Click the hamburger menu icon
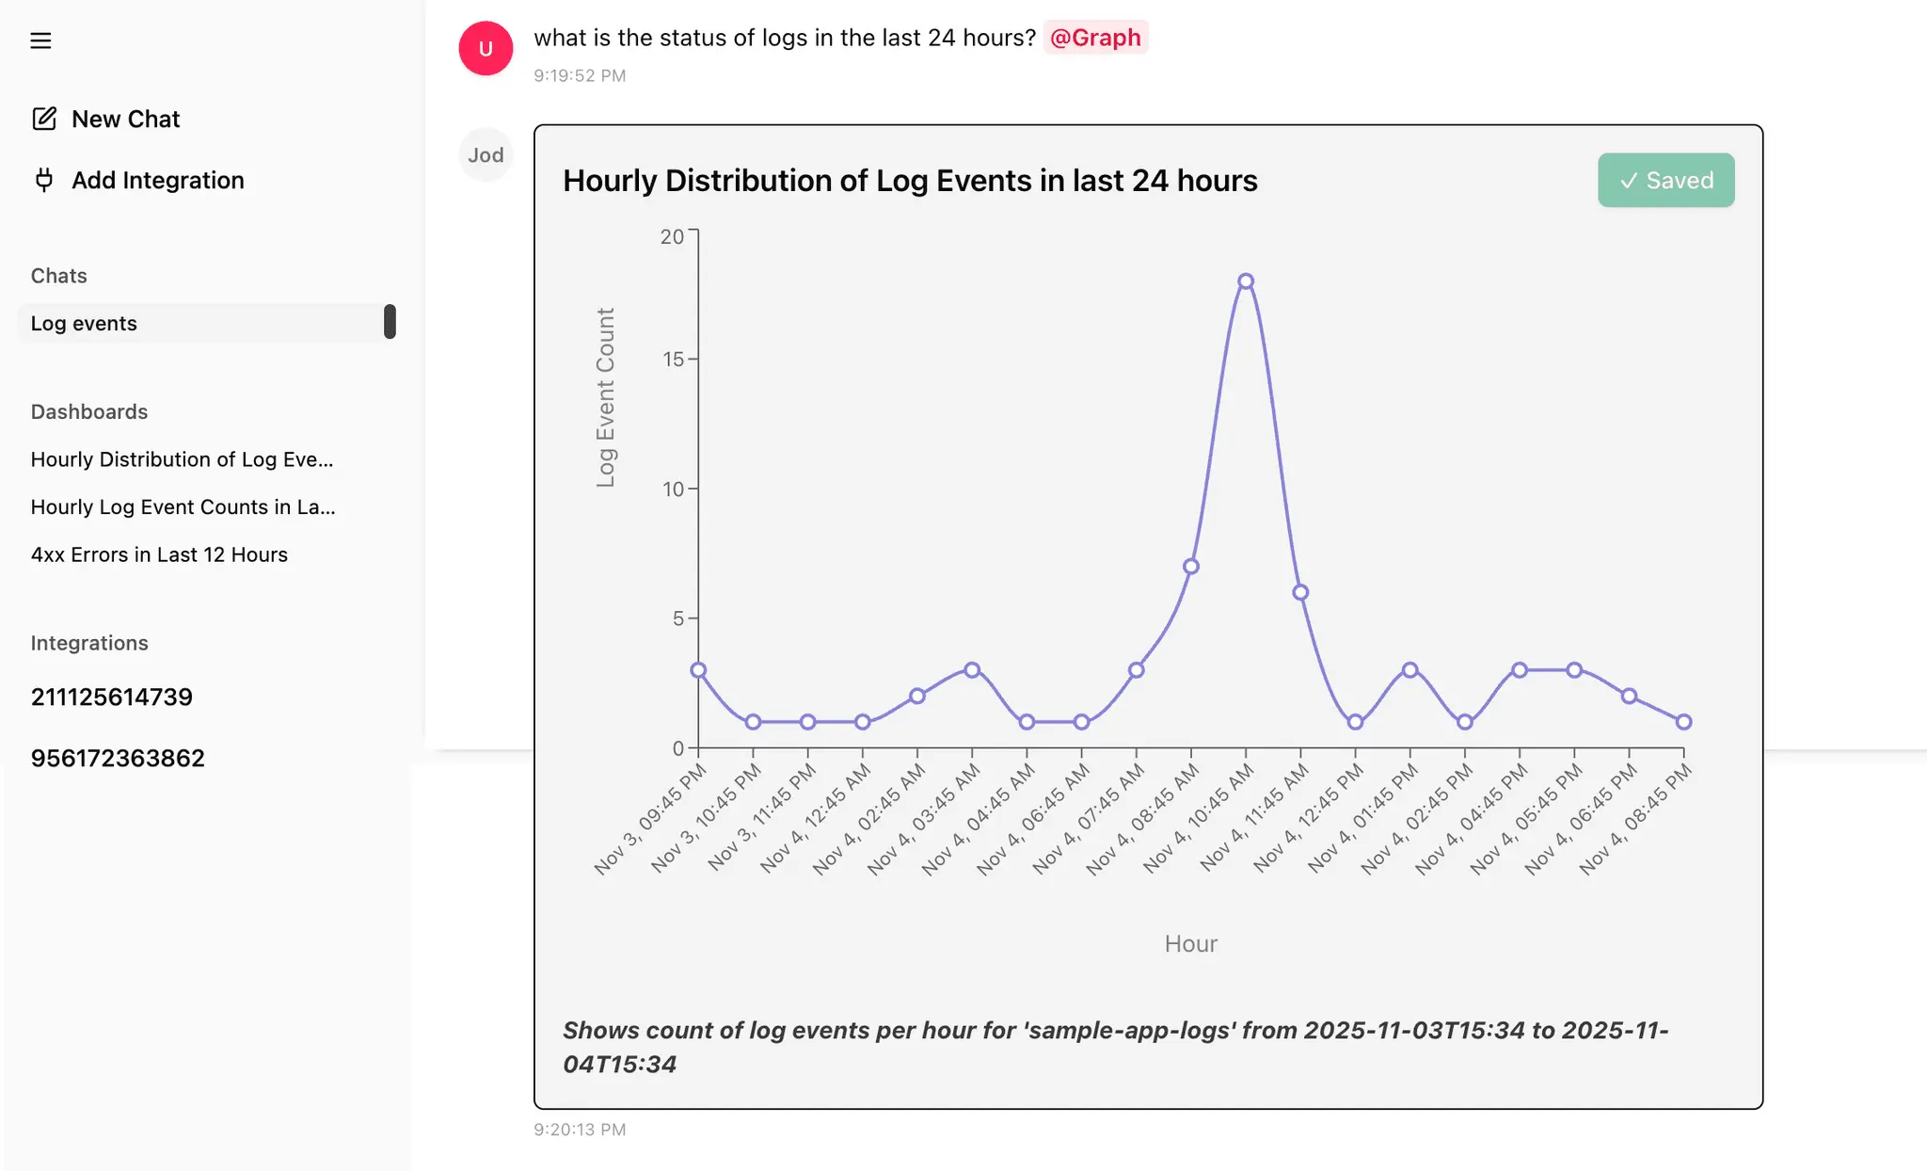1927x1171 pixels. tap(40, 40)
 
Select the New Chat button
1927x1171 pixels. tap(105, 119)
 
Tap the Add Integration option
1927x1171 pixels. tap(138, 180)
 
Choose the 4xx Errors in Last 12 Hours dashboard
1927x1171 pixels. tap(159, 554)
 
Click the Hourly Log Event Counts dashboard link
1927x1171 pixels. tap(183, 506)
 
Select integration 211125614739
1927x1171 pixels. tap(111, 697)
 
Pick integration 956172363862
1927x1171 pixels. tap(118, 758)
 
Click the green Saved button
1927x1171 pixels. tap(1665, 180)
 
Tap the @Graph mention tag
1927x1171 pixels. tap(1095, 38)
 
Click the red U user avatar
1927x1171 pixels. tap(486, 48)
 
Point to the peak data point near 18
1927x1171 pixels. tap(1246, 281)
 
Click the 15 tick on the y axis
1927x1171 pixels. tap(674, 359)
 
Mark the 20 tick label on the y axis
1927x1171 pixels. tap(672, 236)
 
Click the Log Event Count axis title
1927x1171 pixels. tap(605, 397)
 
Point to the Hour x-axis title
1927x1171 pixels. tap(1190, 943)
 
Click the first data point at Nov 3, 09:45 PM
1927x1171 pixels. tap(698, 670)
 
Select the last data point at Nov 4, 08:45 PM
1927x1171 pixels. tap(1683, 722)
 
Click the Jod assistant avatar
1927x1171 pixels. tap(486, 154)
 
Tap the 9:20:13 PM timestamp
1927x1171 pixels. tap(580, 1129)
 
